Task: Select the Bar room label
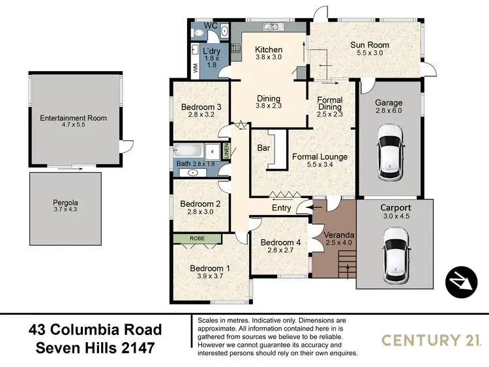click(264, 149)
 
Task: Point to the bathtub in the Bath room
click(188, 151)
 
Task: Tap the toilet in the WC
click(223, 30)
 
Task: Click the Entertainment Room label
click(73, 118)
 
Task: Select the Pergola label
click(65, 202)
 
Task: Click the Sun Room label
click(365, 45)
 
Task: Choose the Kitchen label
click(268, 50)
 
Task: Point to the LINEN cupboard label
click(226, 151)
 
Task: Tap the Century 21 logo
click(431, 339)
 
